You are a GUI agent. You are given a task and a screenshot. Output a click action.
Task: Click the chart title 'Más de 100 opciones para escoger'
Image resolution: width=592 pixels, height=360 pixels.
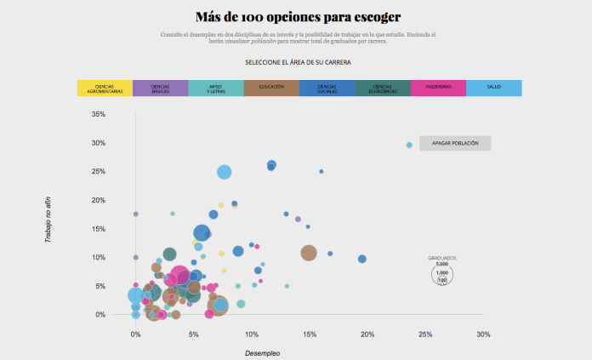pyautogui.click(x=297, y=17)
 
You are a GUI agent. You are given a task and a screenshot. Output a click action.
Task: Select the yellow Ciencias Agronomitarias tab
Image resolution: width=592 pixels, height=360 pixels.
pyautogui.click(x=105, y=88)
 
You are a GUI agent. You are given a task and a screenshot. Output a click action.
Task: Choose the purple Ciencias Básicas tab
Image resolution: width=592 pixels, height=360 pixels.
pyautogui.click(x=160, y=88)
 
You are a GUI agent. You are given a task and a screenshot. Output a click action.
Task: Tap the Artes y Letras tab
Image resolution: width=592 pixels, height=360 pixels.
pyautogui.click(x=215, y=88)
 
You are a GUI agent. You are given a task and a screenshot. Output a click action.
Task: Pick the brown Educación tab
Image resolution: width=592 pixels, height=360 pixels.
pyautogui.click(x=271, y=88)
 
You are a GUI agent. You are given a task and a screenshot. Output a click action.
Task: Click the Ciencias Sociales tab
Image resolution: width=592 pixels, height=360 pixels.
pyautogui.click(x=327, y=88)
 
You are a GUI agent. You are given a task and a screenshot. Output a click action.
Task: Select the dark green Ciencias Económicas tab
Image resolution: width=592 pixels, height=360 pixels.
pyautogui.click(x=382, y=88)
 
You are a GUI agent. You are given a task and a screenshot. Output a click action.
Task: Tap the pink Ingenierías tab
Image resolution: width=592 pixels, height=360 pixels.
pyautogui.click(x=438, y=88)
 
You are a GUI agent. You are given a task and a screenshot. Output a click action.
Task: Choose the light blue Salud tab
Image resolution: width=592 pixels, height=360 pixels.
pyautogui.click(x=493, y=88)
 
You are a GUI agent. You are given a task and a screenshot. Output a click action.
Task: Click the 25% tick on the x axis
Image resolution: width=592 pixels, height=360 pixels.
pyautogui.click(x=425, y=334)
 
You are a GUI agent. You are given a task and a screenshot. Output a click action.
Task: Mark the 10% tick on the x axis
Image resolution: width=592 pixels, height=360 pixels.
pyautogui.click(x=251, y=334)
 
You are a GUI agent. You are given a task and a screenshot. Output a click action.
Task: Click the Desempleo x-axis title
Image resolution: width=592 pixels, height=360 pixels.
pyautogui.click(x=262, y=352)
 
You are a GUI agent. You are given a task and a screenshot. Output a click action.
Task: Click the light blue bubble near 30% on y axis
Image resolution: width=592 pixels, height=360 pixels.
pyautogui.click(x=409, y=146)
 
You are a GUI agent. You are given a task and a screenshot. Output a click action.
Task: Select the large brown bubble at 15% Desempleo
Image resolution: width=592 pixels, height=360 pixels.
pyautogui.click(x=309, y=253)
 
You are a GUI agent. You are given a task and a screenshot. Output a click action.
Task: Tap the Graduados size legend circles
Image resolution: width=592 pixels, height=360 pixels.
pyautogui.click(x=442, y=273)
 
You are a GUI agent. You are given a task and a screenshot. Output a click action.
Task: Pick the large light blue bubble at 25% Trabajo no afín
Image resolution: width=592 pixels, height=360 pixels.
pyautogui.click(x=225, y=172)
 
